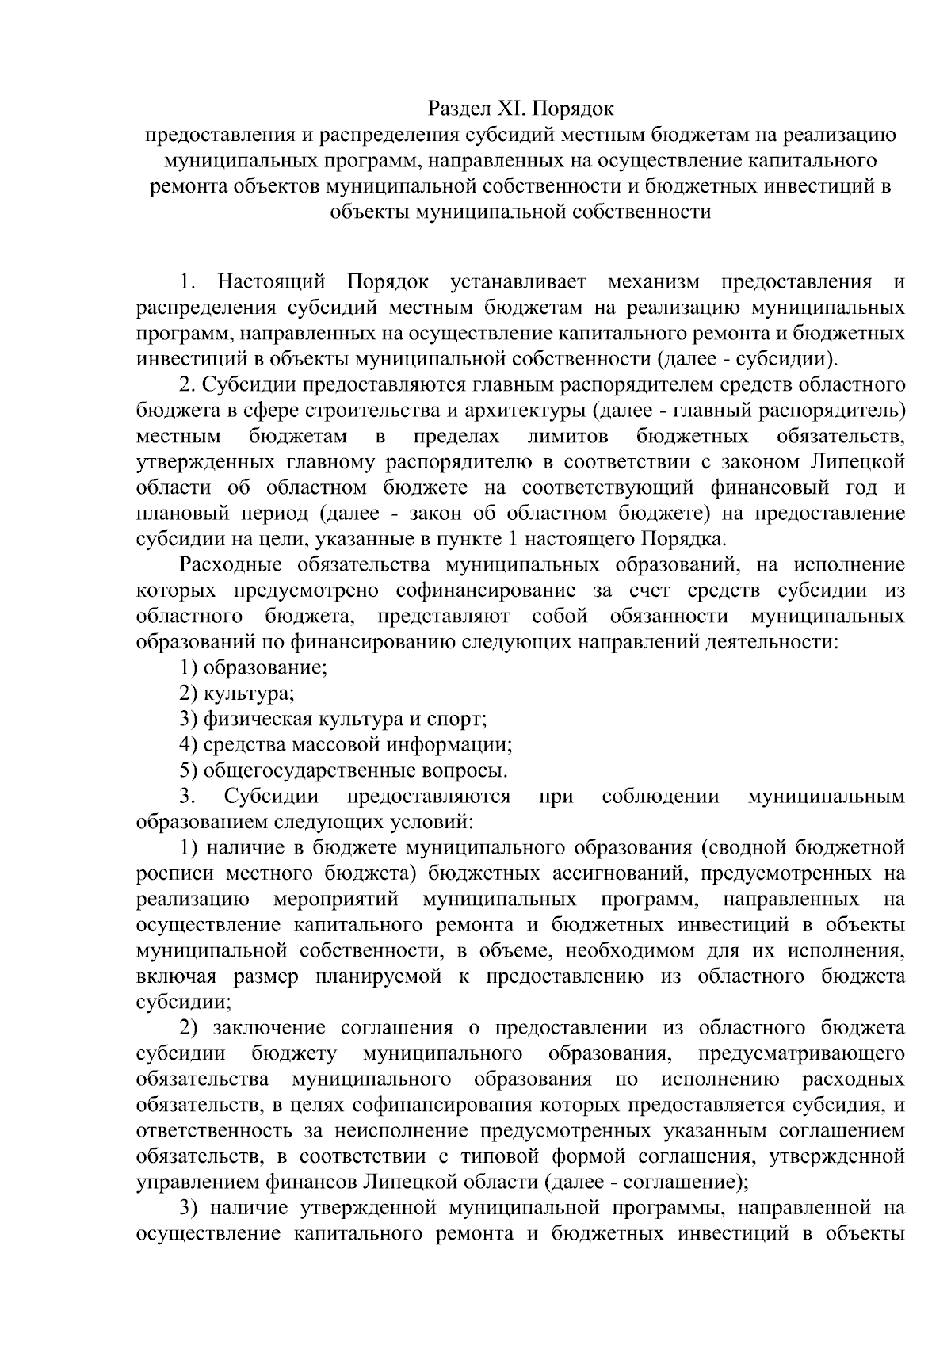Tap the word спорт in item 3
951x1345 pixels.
pyautogui.click(x=457, y=720)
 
